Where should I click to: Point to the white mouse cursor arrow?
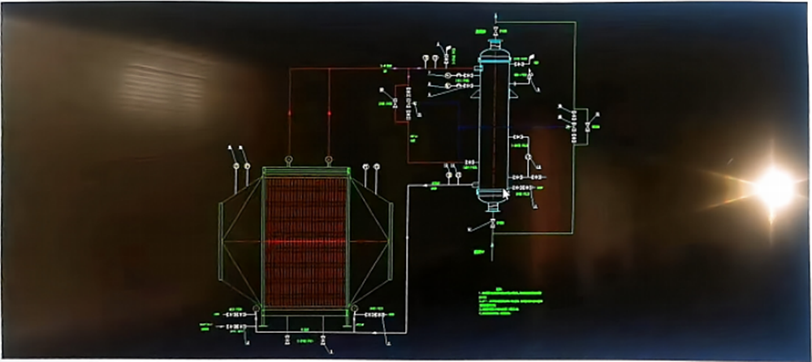coord(506,193)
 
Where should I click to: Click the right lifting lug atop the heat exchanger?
coord(328,160)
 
